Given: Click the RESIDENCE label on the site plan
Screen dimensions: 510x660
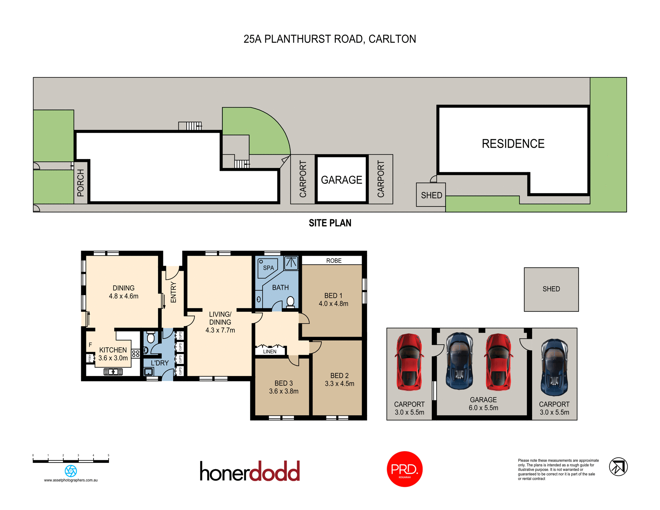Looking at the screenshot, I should pos(513,144).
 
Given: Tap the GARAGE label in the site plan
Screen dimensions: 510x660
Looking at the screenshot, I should pos(341,180).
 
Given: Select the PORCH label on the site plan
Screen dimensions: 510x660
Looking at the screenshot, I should pos(80,182).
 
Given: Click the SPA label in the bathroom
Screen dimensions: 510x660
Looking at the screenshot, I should pos(268,268).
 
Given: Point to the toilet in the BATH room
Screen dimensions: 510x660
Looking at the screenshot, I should pos(290,302).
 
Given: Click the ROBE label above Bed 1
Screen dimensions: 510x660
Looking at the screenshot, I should pos(334,260).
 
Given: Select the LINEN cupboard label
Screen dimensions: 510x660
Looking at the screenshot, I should pos(270,351).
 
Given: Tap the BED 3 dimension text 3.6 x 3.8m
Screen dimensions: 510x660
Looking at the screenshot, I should pos(284,391).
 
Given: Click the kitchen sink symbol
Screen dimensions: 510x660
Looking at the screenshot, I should pos(113,372).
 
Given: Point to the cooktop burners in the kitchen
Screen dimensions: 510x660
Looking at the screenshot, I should pos(136,353).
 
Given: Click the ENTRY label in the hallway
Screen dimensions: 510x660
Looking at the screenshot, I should pos(173,292).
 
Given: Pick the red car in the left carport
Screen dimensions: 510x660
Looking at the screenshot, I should pos(409,362).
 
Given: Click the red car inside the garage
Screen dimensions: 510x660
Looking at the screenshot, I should pos(498,362).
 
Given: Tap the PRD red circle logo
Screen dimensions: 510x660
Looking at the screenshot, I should pos(405,469).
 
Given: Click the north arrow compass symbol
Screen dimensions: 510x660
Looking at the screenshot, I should pos(618,467).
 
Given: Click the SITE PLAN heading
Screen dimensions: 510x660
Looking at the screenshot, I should pos(330,223).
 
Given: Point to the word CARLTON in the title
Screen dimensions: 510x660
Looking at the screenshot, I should pos(392,39).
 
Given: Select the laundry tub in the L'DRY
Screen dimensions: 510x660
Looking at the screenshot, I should pos(148,372).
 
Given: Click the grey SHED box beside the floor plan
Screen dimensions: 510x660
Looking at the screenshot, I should pos(551,289).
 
